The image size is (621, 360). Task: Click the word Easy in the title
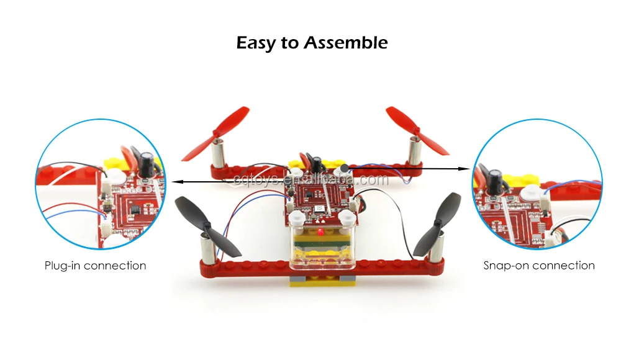[x=258, y=43]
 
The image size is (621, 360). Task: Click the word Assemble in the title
[x=346, y=43]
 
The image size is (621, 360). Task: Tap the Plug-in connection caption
[x=96, y=266]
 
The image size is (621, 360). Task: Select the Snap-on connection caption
[x=539, y=266]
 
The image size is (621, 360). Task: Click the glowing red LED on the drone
[x=318, y=233]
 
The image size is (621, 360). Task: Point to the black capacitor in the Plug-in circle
[x=147, y=163]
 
